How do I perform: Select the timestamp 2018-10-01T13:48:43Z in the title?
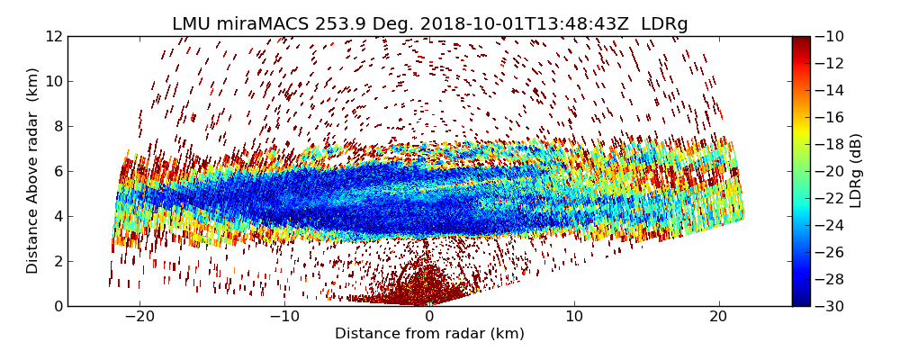[510, 24]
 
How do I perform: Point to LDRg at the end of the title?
[664, 24]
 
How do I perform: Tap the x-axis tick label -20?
[139, 317]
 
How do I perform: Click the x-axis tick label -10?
[284, 317]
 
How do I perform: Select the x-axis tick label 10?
[574, 317]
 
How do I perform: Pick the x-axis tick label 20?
[719, 317]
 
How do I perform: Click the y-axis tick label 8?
[58, 126]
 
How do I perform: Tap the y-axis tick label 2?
[58, 261]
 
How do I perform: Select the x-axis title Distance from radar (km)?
[429, 334]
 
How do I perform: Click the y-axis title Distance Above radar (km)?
[33, 171]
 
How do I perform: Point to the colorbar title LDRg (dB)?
[856, 171]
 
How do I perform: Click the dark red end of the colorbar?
[801, 40]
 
